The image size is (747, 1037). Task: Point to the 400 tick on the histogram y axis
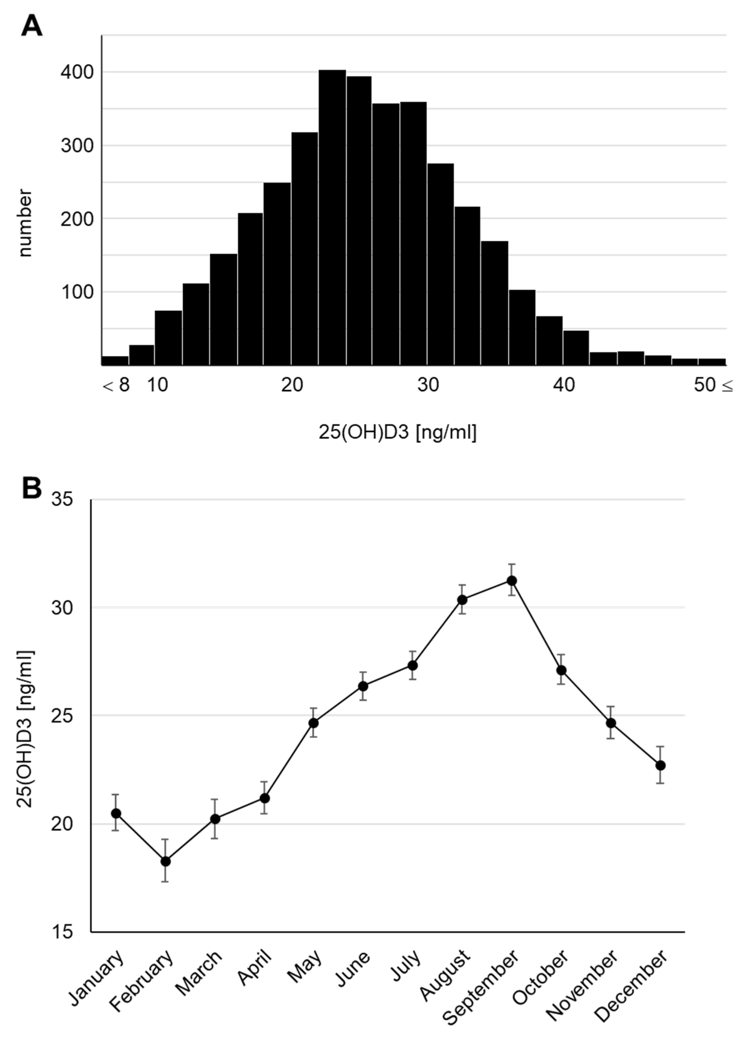point(77,72)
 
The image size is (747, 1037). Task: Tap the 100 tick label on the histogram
point(77,292)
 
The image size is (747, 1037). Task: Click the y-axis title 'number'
point(25,223)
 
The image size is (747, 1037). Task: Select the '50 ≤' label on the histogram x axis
point(712,385)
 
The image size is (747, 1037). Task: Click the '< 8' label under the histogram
point(116,385)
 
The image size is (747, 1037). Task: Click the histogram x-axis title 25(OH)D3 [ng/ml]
point(397,432)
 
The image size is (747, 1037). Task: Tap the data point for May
point(314,722)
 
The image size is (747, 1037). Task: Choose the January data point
point(116,813)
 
